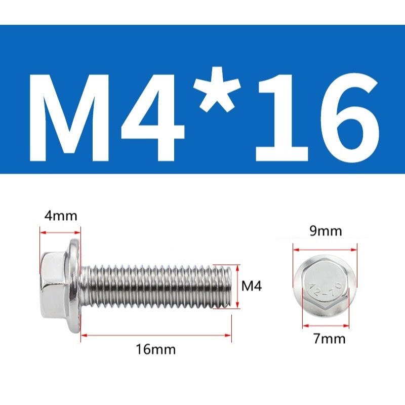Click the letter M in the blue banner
(x=69, y=118)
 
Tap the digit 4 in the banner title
(x=152, y=118)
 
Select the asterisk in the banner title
(x=217, y=90)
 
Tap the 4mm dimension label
(x=61, y=216)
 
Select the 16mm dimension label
(x=156, y=349)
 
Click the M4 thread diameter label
(x=252, y=286)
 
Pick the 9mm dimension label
(x=326, y=231)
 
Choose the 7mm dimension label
(x=330, y=338)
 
